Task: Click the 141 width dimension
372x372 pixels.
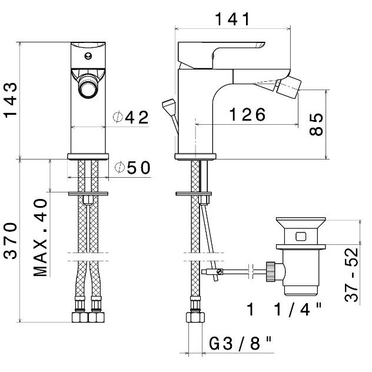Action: [x=232, y=19]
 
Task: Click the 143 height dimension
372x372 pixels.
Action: [x=11, y=100]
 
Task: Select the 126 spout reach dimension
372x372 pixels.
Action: [x=247, y=115]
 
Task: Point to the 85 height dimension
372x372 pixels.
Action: [x=316, y=124]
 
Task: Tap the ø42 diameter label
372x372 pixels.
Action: [x=131, y=117]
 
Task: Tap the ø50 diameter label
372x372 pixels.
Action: [x=132, y=168]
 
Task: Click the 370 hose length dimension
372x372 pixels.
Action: [x=11, y=241]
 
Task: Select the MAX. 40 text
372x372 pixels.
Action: [x=41, y=238]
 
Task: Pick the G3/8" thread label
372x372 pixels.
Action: [x=240, y=343]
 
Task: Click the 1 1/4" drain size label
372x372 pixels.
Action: [x=284, y=309]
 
